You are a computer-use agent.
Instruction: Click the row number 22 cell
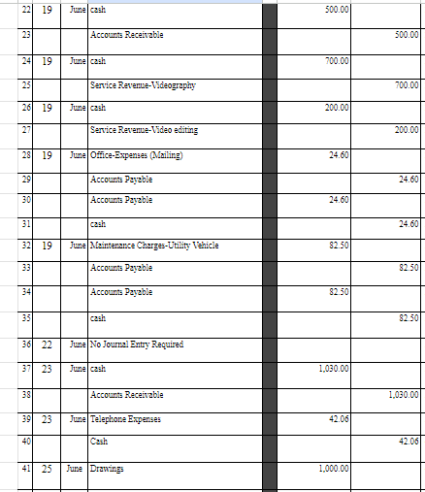[9, 9]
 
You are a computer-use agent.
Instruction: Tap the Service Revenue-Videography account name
[143, 84]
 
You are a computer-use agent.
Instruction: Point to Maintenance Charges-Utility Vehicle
[154, 246]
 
